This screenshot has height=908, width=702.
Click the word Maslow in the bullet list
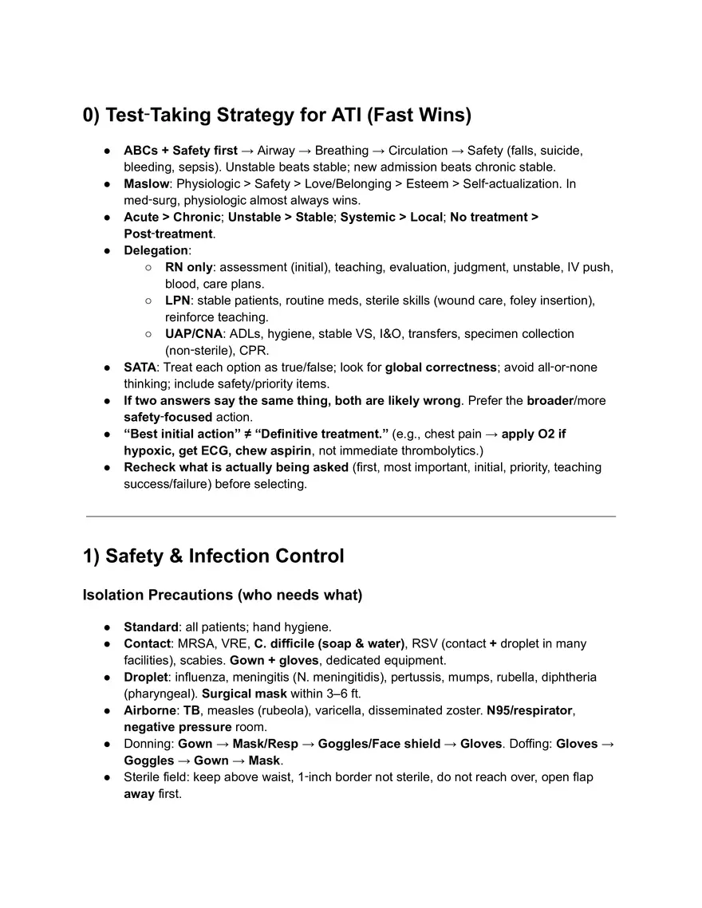coord(146,183)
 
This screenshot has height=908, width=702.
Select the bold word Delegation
coord(156,250)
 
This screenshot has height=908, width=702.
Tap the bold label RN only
coord(188,267)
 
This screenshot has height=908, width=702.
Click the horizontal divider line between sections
coord(351,517)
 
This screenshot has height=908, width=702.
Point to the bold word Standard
coord(151,627)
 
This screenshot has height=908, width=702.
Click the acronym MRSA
coord(195,643)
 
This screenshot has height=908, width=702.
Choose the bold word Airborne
coord(149,710)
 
